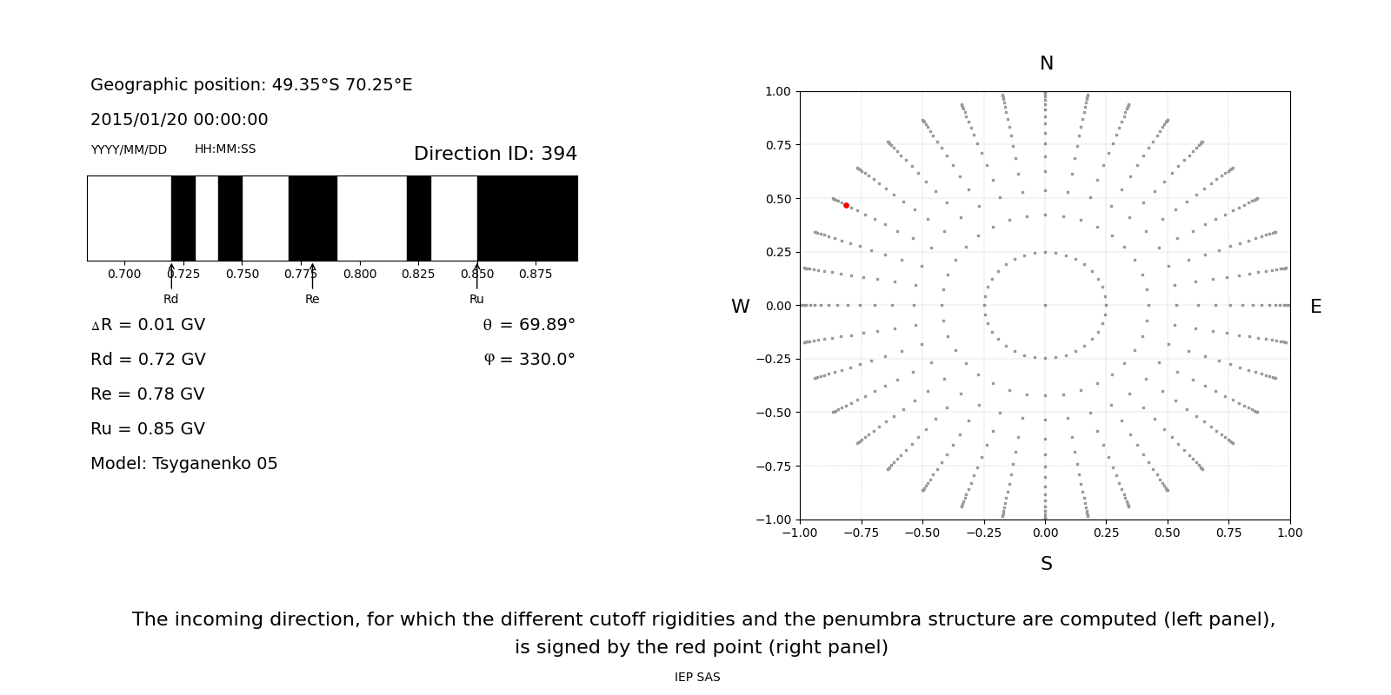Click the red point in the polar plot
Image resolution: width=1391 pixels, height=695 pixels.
[x=846, y=206]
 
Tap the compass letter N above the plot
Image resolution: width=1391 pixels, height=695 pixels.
[x=1046, y=63]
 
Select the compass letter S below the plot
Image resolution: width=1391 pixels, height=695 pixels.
[x=1046, y=564]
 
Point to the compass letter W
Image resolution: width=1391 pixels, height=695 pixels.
[x=740, y=307]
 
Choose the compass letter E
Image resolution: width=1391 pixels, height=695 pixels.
[x=1315, y=307]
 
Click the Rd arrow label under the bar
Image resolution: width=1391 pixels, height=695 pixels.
[x=170, y=299]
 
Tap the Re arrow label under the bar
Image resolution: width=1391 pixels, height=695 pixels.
[x=312, y=299]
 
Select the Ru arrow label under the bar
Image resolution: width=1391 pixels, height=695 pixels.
[x=476, y=299]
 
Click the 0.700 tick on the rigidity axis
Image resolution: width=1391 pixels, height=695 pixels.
[x=124, y=275]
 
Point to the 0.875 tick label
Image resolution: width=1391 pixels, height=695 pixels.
[x=536, y=275]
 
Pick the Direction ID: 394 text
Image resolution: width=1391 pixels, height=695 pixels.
[x=495, y=154]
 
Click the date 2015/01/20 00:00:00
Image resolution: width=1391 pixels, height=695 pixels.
[x=179, y=120]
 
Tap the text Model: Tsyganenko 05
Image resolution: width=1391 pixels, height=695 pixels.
[x=184, y=464]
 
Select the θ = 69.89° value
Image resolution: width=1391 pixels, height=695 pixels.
[x=529, y=325]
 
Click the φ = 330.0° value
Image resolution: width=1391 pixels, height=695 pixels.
[x=529, y=360]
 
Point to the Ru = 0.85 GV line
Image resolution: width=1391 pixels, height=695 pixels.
[x=148, y=429]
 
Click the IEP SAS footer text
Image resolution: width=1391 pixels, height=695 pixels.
[x=697, y=678]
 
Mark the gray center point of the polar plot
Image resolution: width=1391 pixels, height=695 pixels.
[x=1045, y=305]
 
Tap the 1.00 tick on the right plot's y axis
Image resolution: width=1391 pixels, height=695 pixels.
[x=777, y=91]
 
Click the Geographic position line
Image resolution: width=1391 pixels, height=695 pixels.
[x=251, y=85]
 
